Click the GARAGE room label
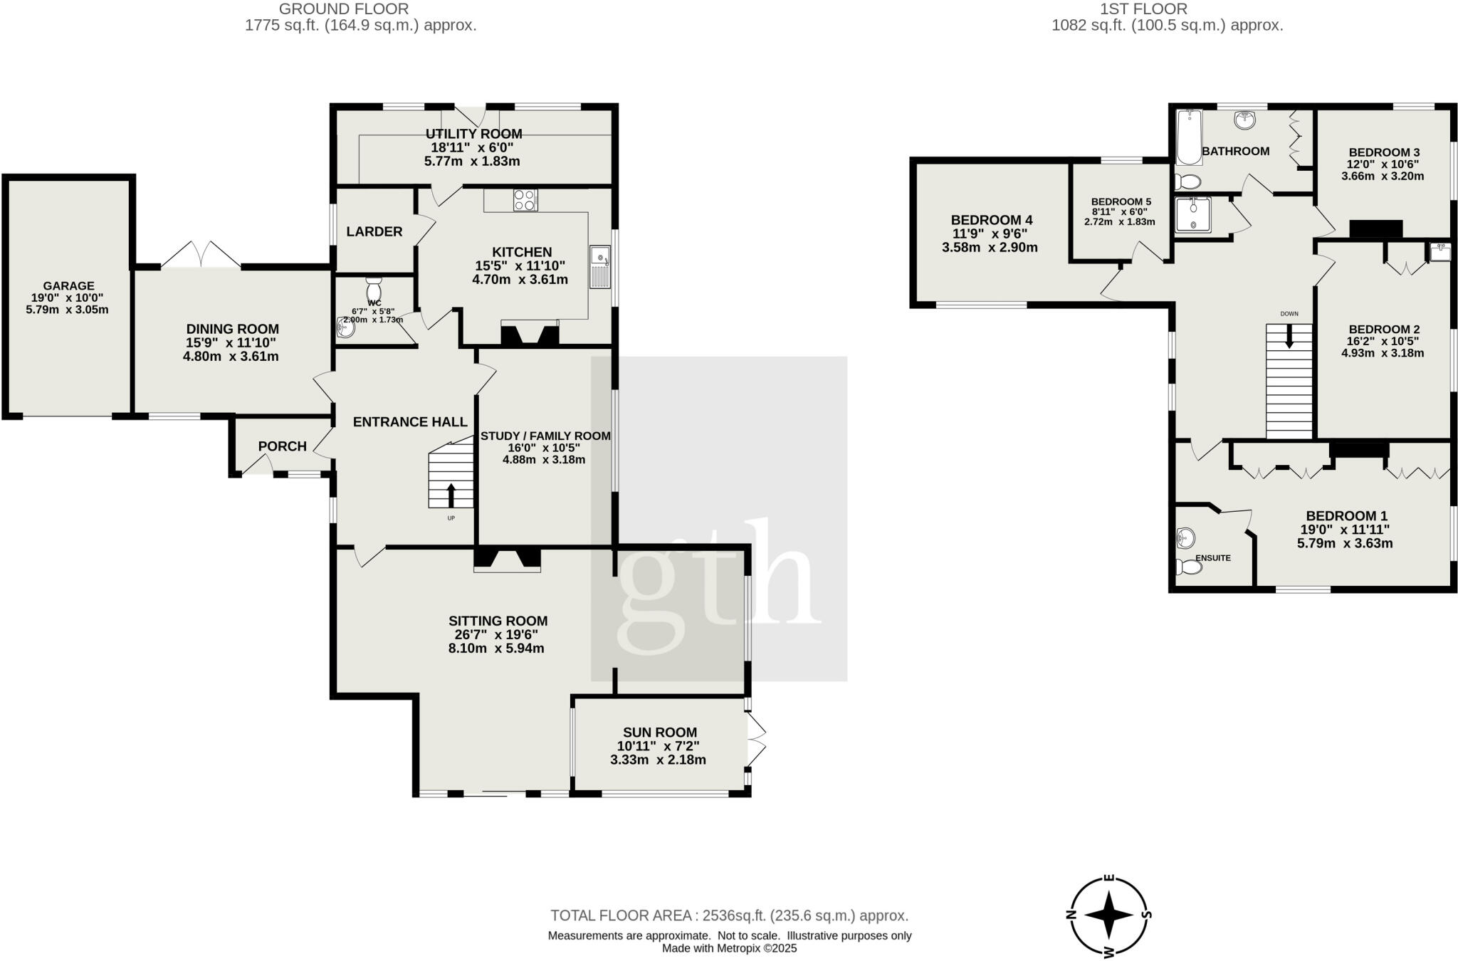coord(68,286)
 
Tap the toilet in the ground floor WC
coord(374,289)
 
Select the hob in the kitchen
coord(525,200)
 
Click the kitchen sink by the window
coord(599,266)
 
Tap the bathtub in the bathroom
coord(1189,137)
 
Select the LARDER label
coord(374,232)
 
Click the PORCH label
coord(282,446)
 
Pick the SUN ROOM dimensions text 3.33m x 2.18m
coord(658,760)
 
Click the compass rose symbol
coord(1108,916)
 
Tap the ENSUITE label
coord(1213,558)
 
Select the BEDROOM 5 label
coord(1121,201)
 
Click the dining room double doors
coord(201,256)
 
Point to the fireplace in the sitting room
coord(507,559)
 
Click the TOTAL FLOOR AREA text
coord(729,915)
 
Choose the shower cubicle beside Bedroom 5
coord(1192,215)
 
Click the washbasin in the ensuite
coord(1185,538)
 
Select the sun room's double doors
coord(756,742)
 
